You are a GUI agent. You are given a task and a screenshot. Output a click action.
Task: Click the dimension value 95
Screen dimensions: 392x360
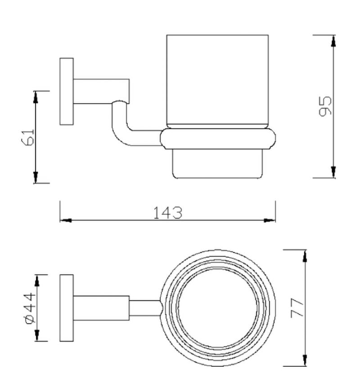tap(324, 106)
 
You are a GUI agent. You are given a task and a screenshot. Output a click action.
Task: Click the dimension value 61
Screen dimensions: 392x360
tap(28, 136)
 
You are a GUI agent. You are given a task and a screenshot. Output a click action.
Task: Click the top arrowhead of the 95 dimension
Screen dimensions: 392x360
tap(333, 41)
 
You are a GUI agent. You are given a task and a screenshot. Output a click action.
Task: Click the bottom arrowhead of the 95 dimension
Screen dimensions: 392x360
tap(333, 171)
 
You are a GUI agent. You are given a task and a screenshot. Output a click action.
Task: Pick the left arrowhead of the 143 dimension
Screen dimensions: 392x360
tap(66, 221)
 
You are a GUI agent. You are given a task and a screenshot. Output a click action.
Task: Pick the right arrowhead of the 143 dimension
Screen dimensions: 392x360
tap(270, 221)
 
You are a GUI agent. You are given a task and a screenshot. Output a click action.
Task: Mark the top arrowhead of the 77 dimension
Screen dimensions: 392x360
tap(306, 255)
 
